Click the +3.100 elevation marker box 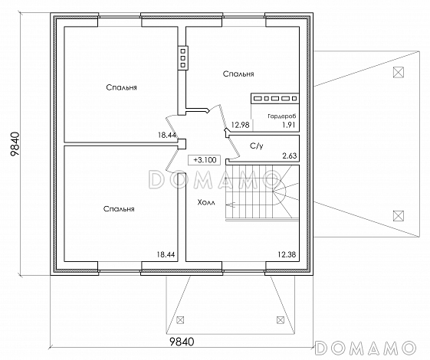[205, 160]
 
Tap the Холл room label [206, 203]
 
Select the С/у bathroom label [257, 146]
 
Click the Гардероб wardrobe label [282, 116]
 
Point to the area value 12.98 [240, 125]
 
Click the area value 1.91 [289, 125]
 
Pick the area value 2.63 [290, 156]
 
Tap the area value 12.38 [287, 254]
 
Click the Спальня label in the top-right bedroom [238, 74]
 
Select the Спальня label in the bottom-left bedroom [119, 209]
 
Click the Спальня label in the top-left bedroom [121, 87]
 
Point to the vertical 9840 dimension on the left [15, 144]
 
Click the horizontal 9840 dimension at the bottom [182, 342]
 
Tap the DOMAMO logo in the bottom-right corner [364, 348]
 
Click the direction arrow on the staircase [231, 204]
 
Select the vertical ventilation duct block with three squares [182, 57]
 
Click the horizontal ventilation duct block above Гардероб [274, 98]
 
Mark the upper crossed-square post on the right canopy [399, 72]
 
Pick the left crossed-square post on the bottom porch [180, 319]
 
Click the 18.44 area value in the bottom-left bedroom [166, 254]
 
